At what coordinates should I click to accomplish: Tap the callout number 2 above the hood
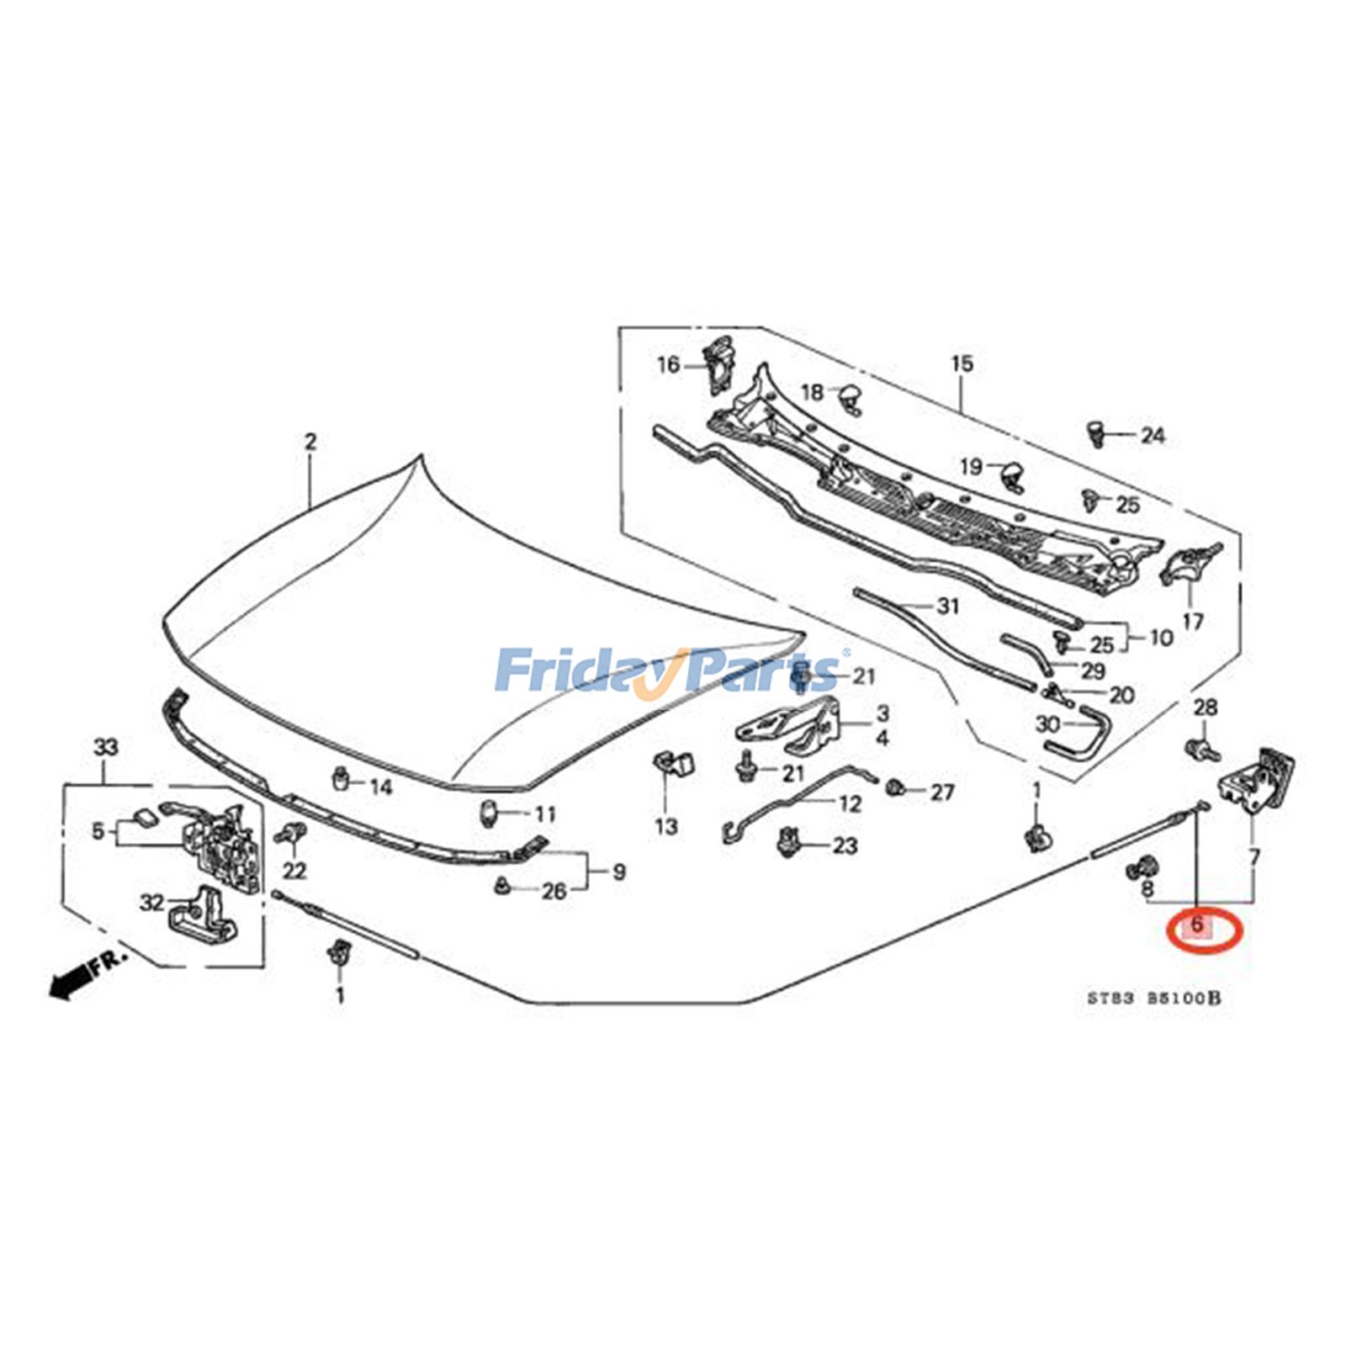[310, 442]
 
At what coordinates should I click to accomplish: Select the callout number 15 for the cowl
[962, 363]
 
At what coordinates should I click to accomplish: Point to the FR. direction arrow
[84, 974]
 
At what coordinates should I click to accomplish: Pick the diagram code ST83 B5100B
[1153, 999]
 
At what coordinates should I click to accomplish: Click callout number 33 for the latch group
[106, 747]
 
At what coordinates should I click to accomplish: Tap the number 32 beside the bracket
[151, 903]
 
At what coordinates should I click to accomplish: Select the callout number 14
[381, 787]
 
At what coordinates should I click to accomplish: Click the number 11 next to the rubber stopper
[545, 813]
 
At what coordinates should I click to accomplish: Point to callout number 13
[666, 826]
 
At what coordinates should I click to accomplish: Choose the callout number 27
[942, 792]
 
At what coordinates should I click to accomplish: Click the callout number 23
[845, 845]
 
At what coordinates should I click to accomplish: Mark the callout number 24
[1153, 436]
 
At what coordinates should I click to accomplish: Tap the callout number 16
[668, 365]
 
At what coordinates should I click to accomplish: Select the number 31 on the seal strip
[948, 606]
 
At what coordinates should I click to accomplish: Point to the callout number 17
[1193, 621]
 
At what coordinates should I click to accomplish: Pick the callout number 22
[294, 869]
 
